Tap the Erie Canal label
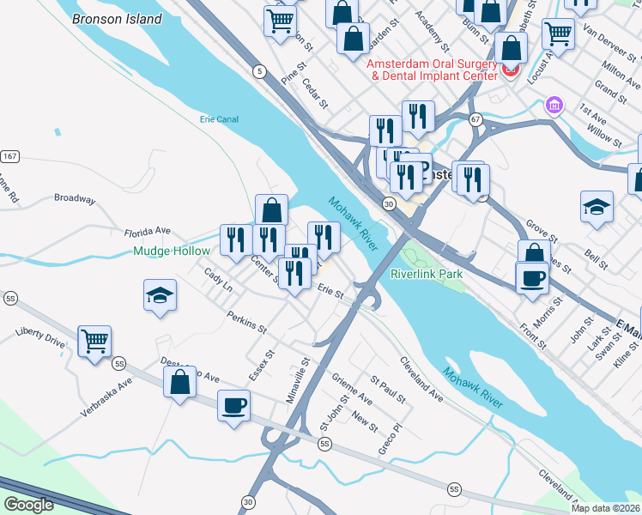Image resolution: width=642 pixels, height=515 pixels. [x=218, y=119]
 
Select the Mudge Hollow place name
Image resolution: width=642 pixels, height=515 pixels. [x=172, y=251]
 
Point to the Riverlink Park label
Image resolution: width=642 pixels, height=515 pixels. [x=427, y=274]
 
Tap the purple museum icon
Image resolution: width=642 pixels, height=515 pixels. [x=554, y=106]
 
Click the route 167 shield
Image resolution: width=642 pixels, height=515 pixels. [x=9, y=157]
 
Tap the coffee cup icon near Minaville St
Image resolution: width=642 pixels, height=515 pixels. [x=233, y=404]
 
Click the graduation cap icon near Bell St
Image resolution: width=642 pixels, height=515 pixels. [x=597, y=207]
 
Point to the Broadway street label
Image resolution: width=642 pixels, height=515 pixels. [x=75, y=198]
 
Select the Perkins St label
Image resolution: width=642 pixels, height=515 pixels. [x=247, y=324]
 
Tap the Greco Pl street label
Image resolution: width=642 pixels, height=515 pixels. [x=390, y=439]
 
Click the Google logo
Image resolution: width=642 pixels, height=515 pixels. [x=29, y=505]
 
